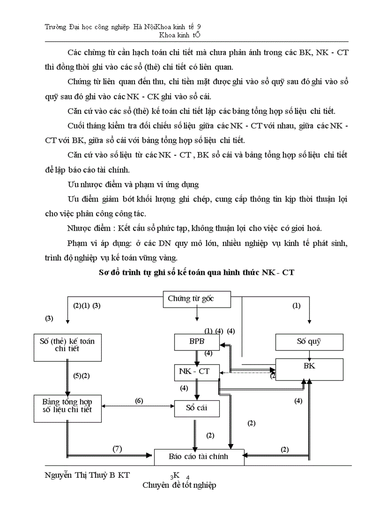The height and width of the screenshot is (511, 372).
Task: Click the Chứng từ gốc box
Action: click(x=197, y=299)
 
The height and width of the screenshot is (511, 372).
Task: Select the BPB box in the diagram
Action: click(x=197, y=342)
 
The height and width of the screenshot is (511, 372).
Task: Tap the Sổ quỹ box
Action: click(x=309, y=342)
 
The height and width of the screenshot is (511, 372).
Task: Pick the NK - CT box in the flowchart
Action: click(x=197, y=372)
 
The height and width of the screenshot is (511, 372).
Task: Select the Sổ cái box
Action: click(x=197, y=408)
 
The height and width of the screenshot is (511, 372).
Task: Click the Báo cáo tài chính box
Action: click(x=199, y=456)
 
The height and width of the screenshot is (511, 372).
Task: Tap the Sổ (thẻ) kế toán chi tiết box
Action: click(x=67, y=344)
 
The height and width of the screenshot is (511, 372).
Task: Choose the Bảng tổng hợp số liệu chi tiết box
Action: click(x=67, y=406)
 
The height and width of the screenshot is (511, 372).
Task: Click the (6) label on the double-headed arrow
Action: click(x=139, y=400)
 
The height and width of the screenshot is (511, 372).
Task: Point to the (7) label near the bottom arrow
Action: click(x=117, y=449)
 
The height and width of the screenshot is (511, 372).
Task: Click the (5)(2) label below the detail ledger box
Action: click(x=82, y=376)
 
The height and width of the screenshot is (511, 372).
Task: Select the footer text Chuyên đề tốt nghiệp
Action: click(x=179, y=485)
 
